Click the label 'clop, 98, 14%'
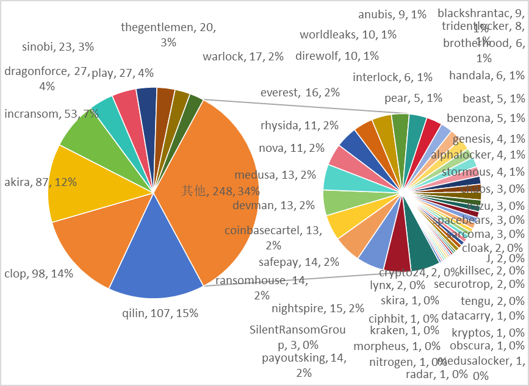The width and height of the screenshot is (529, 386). click(x=37, y=274)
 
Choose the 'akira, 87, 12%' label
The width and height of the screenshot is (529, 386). click(x=40, y=182)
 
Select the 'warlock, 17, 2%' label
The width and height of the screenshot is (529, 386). click(x=243, y=57)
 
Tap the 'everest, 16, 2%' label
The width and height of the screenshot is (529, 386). click(x=300, y=93)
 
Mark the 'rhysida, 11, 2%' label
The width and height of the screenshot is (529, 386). click(x=300, y=126)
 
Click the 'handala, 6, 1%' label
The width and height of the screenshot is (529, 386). click(x=486, y=76)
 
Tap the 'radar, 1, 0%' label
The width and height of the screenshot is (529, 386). click(x=436, y=374)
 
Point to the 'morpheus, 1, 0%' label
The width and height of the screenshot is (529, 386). click(x=396, y=346)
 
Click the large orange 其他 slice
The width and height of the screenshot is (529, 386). click(x=214, y=183)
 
